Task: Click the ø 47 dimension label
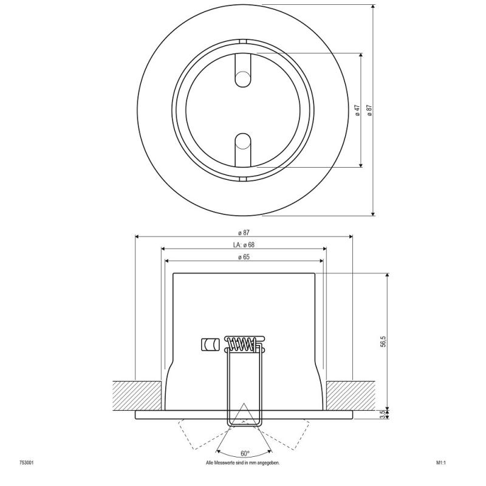(358, 110)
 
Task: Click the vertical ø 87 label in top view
(369, 110)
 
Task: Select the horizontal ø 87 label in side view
(243, 233)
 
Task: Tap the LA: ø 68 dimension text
(243, 245)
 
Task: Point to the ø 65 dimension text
(243, 257)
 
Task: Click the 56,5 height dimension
(383, 341)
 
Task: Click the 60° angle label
(244, 453)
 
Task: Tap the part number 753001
(26, 463)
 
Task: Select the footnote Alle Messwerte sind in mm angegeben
(243, 463)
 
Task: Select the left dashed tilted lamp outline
(197, 433)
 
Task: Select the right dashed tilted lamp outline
(290, 433)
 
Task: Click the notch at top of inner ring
(242, 41)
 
